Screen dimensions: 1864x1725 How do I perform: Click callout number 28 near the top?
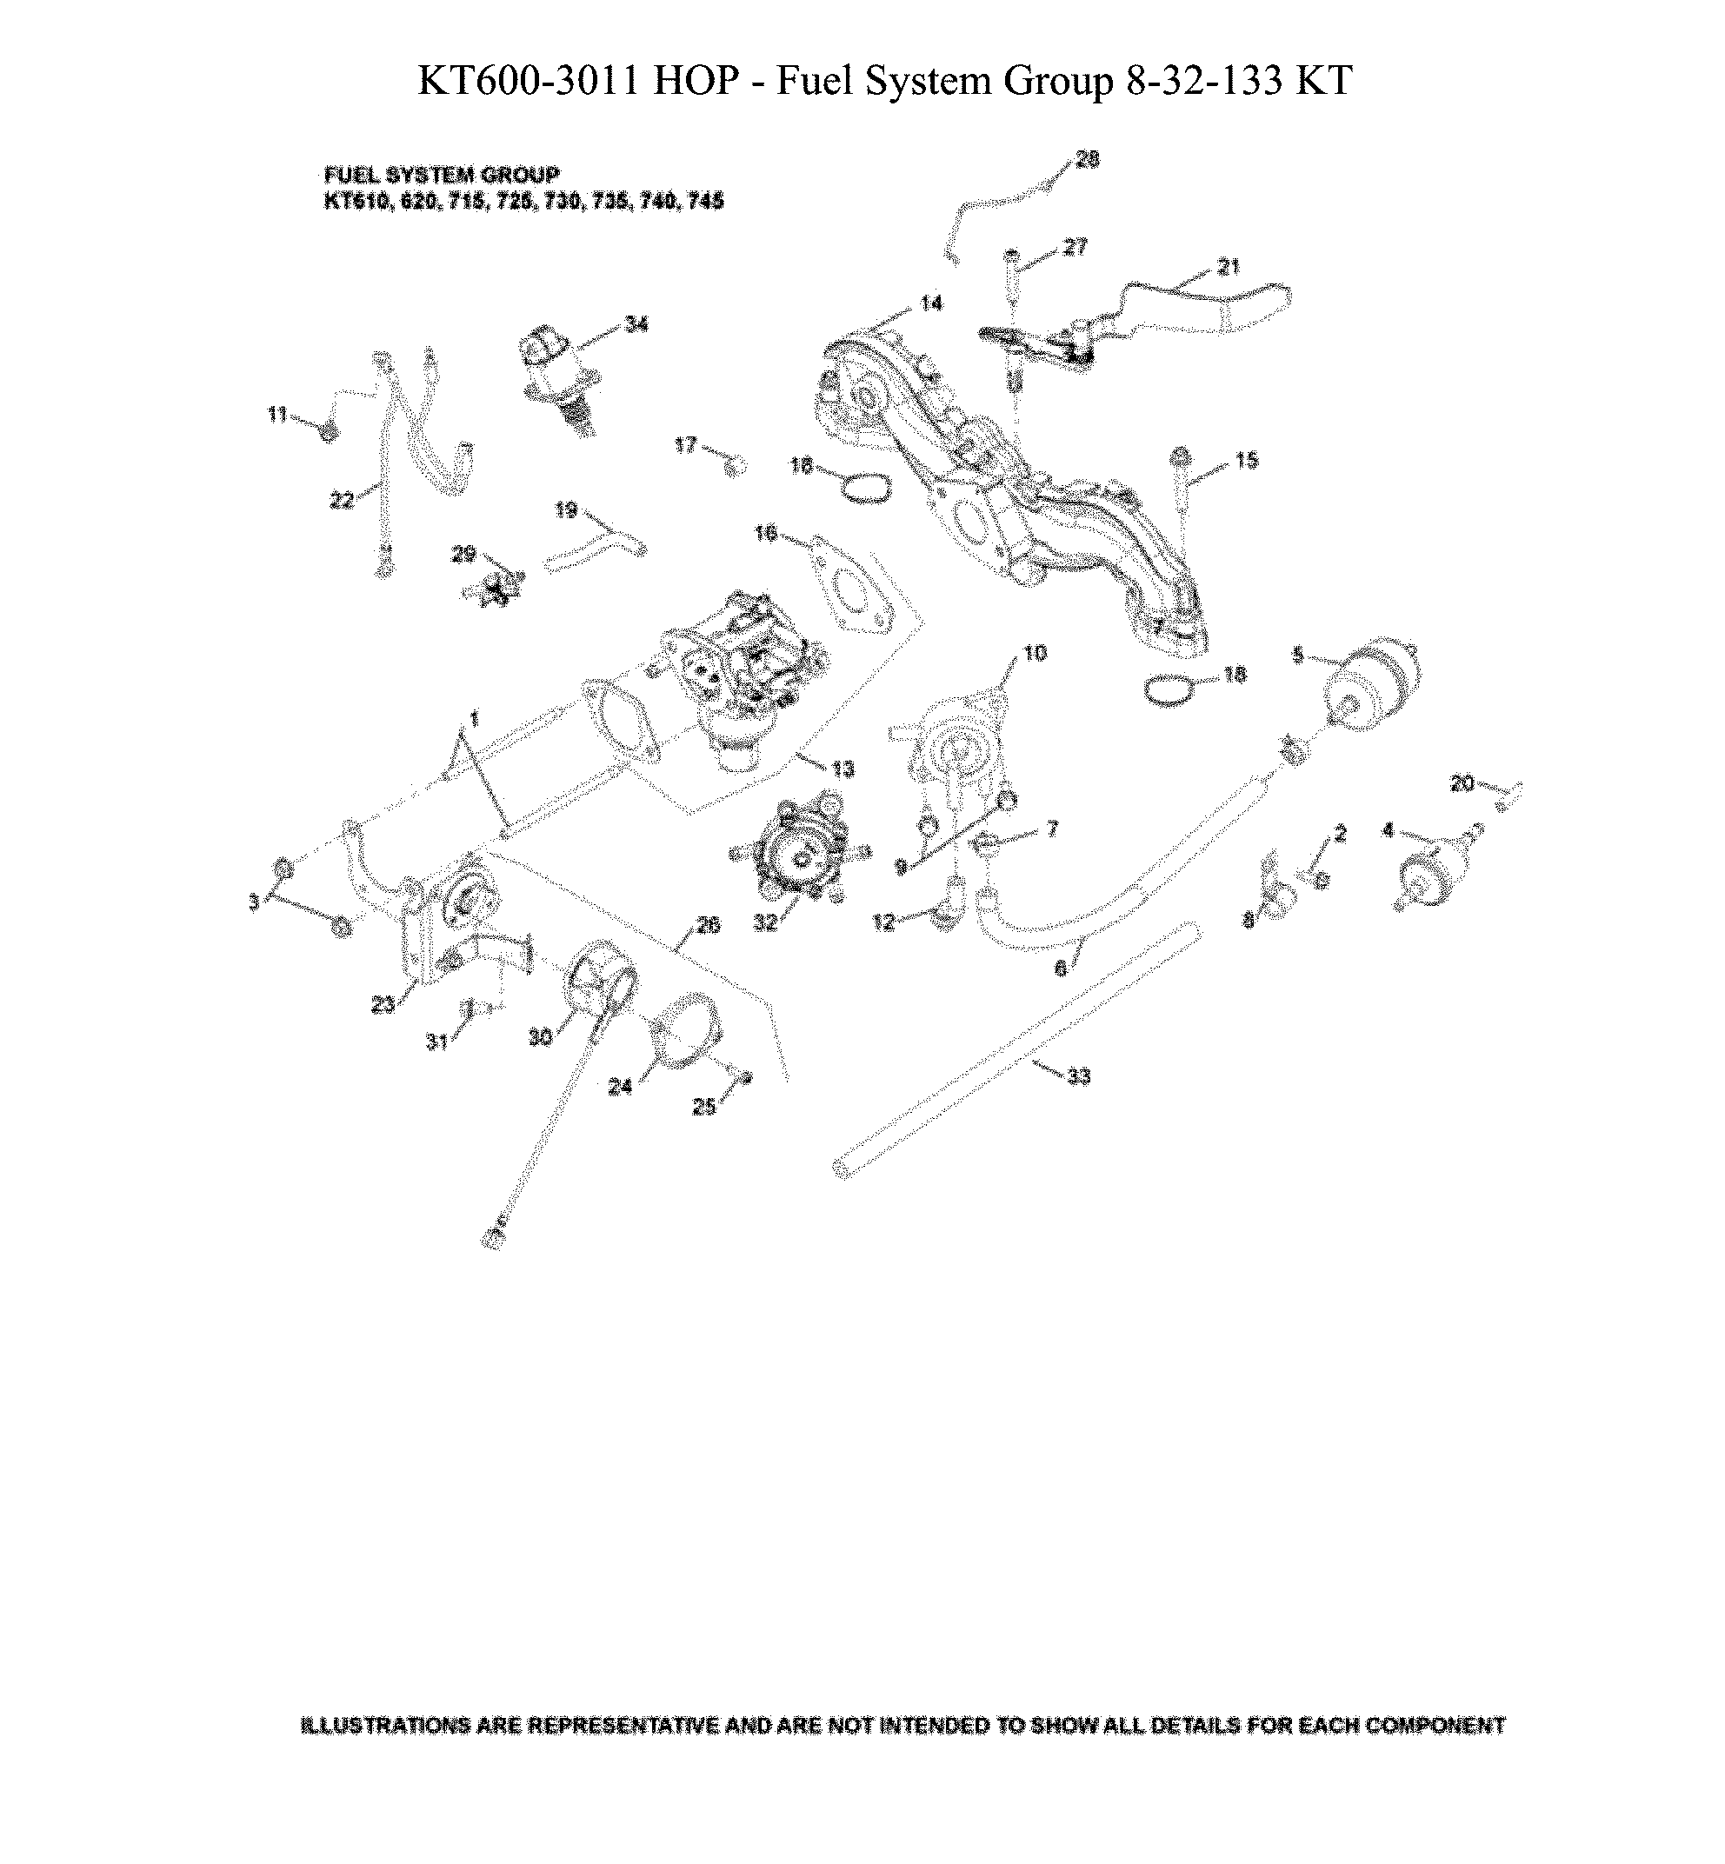point(1088,160)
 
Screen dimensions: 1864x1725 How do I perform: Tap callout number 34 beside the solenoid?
point(636,325)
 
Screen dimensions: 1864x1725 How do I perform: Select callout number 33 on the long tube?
point(1078,1077)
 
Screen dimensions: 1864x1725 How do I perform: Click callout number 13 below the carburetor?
point(843,769)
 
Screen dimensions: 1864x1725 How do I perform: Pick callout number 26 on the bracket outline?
point(709,925)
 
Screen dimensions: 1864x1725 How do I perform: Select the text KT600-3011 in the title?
point(528,81)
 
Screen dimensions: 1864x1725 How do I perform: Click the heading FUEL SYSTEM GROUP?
point(442,176)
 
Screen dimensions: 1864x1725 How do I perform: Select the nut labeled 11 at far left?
point(328,432)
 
